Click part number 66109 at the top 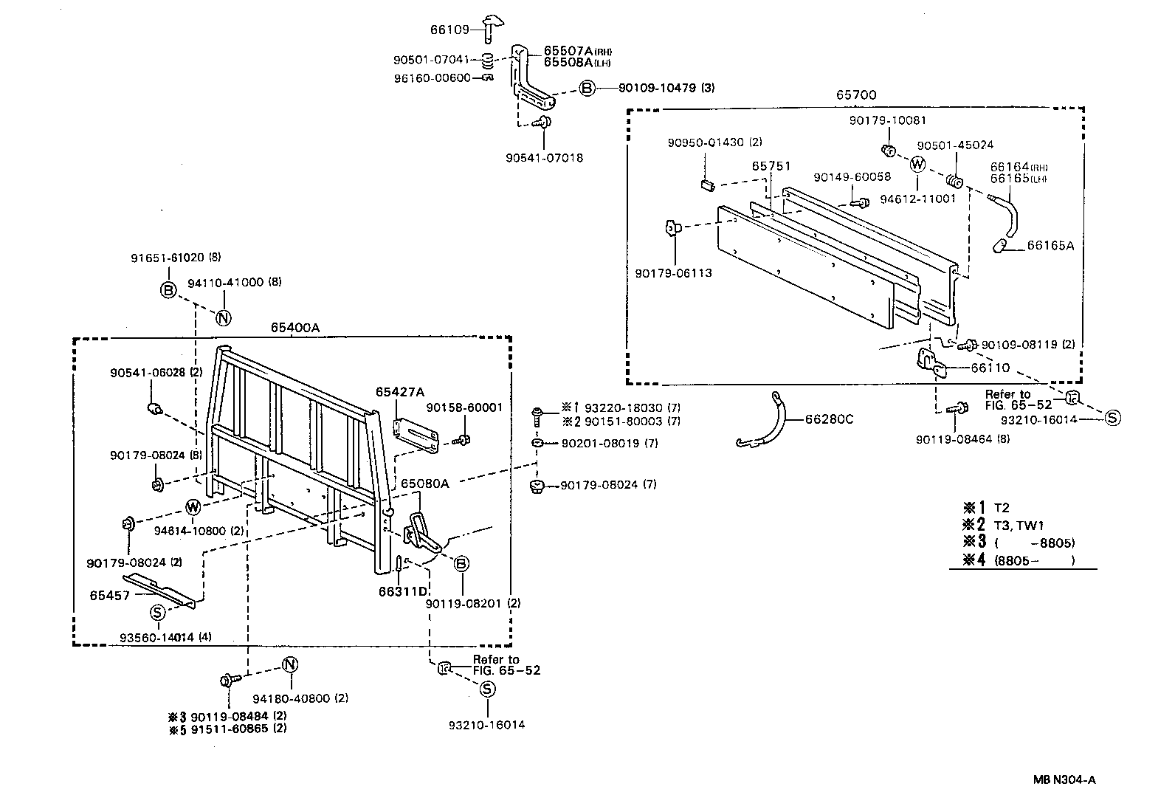449,30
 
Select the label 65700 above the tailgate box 856,95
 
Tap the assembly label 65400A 294,328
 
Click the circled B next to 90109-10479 586,89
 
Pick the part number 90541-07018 545,158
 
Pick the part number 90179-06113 673,273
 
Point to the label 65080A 424,484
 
